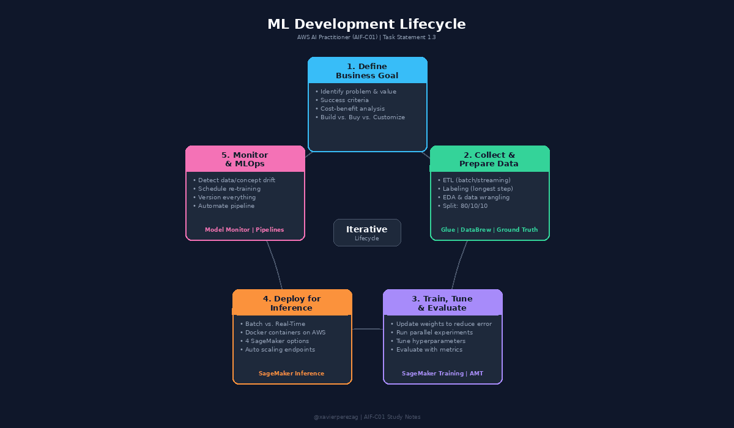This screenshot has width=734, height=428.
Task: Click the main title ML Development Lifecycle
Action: coord(366,24)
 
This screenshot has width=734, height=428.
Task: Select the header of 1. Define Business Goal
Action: coord(367,71)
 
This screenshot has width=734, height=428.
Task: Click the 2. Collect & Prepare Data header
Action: coord(489,160)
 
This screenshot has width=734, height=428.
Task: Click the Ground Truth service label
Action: coord(517,230)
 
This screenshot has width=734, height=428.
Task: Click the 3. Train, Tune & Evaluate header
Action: coord(442,303)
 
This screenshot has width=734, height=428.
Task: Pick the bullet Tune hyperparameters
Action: coord(431,341)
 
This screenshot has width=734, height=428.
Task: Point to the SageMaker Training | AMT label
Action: coord(442,374)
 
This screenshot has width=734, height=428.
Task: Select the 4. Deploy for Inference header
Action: coord(292,303)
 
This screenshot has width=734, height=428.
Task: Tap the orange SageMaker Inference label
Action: coord(291,374)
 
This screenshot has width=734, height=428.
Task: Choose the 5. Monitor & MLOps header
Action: coord(245,160)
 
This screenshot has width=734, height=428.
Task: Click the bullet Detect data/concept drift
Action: coord(236,180)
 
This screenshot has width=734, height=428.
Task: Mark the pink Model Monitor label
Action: coord(227,230)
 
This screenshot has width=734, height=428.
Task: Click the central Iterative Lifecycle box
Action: coord(367,232)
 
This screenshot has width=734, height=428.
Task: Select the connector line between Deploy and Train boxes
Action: coord(368,329)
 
